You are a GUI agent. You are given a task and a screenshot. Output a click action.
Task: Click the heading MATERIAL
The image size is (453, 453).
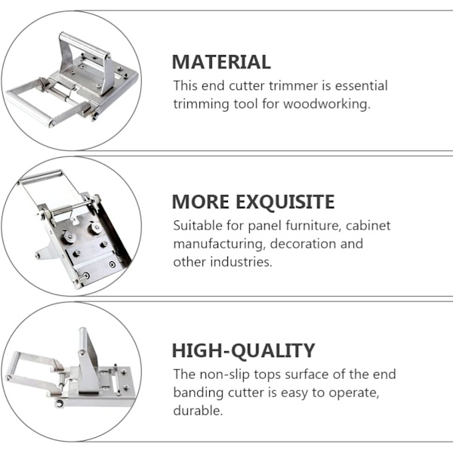coord(221,62)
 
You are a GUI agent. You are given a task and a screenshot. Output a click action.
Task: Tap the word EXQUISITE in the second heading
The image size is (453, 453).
coord(285,202)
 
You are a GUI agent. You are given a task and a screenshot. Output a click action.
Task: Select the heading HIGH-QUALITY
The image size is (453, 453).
coord(243,350)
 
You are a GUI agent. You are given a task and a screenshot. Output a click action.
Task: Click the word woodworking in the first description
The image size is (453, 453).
coord(326,103)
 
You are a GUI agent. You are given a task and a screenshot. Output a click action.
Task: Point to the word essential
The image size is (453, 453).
coord(361,85)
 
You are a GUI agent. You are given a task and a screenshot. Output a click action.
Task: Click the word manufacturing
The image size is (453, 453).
coord(219,244)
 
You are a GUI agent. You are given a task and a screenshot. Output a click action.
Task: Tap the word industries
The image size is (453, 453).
coord(241,262)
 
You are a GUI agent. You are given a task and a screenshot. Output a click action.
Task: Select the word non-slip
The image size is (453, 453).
coord(224,374)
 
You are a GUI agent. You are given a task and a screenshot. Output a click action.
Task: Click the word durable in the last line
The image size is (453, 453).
coord(198,411)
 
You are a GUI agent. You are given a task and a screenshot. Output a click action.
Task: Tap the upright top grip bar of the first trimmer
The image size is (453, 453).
coord(85,45)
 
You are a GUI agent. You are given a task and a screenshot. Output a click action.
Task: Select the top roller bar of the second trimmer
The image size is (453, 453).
coord(40,177)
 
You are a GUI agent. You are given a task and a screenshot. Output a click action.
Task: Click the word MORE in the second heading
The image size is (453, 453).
coord(201,202)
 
